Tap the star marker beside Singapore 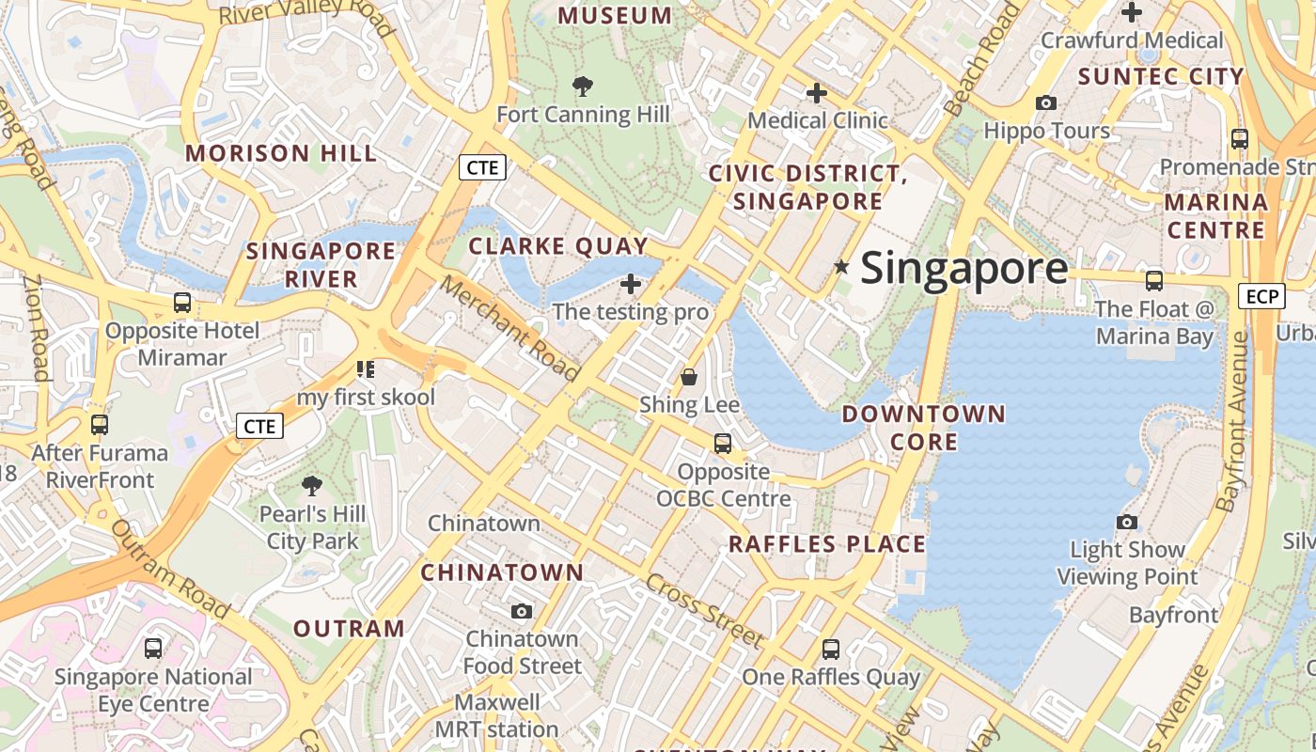click(841, 268)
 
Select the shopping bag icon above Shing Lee click(689, 377)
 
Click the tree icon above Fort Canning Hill click(583, 86)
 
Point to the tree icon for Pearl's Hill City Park click(312, 486)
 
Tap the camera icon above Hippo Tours click(1046, 102)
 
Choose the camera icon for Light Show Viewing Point click(1126, 522)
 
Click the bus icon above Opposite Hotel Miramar click(182, 303)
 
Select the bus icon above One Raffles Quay click(831, 649)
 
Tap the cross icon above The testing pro click(631, 284)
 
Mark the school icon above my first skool click(366, 369)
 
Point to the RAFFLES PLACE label click(827, 544)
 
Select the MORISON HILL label click(281, 153)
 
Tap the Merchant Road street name click(510, 328)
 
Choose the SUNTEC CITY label click(1161, 76)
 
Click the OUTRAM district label click(349, 629)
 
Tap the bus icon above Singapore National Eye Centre click(153, 648)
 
